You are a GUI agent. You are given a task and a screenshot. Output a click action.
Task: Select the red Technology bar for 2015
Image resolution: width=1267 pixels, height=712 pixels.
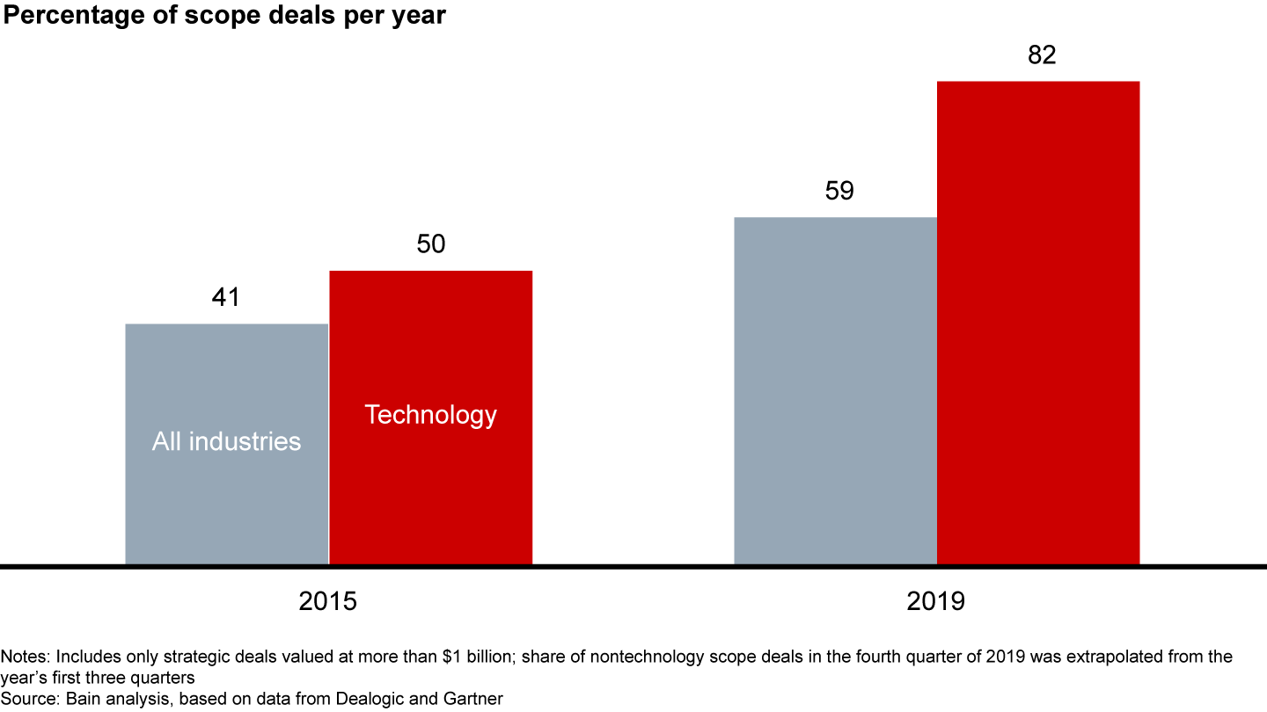430,492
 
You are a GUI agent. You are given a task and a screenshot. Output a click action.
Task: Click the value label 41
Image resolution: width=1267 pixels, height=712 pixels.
226,298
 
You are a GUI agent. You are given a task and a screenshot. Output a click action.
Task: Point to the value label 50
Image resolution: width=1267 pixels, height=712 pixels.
430,244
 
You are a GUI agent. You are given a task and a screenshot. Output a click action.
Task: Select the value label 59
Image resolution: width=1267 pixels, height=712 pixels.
839,191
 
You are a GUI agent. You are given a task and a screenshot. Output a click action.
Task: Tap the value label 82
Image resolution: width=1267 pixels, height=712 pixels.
1042,55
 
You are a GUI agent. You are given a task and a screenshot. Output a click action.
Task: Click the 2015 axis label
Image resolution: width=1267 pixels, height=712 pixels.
328,602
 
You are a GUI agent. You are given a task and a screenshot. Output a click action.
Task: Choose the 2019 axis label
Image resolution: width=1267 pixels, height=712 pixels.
936,602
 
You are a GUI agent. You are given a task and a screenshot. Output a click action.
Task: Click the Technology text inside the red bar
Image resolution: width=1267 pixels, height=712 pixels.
430,415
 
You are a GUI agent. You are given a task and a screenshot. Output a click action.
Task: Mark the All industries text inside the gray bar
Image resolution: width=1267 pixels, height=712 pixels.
226,441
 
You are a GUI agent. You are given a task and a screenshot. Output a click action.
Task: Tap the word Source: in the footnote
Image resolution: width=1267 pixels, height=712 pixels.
28,698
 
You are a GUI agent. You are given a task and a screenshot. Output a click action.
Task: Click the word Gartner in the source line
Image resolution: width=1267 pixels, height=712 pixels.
477,698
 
